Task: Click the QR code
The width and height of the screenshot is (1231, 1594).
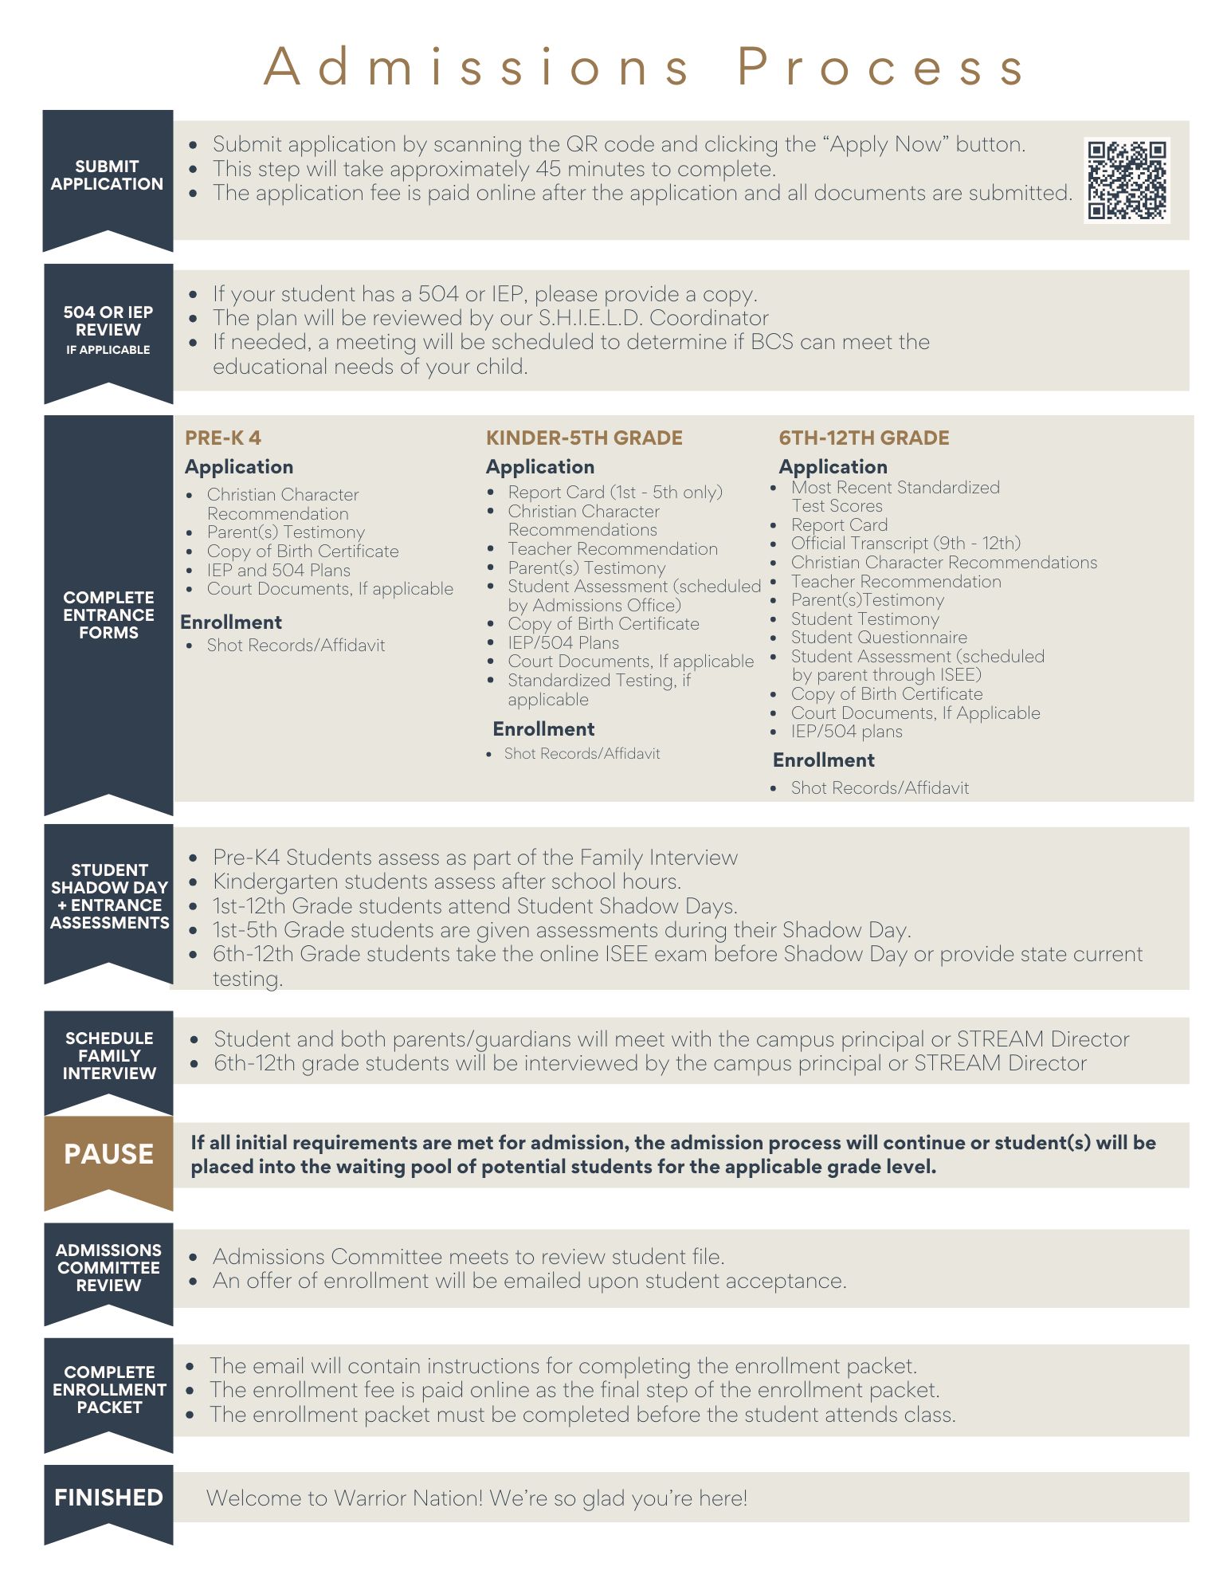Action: (1127, 179)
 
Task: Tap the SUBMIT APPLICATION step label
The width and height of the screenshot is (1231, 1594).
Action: (108, 175)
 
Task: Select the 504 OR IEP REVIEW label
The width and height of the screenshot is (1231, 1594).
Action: (108, 321)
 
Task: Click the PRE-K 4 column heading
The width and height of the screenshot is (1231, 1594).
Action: (223, 438)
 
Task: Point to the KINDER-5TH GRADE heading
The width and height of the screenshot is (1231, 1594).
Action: (584, 438)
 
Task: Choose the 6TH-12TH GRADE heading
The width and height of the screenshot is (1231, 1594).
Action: (864, 438)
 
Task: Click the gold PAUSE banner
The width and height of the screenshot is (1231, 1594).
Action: (108, 1154)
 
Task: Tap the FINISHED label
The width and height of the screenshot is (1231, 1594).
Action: (108, 1498)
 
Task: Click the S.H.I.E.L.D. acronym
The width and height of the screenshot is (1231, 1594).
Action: (590, 318)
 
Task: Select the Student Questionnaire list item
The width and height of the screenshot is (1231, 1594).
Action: (879, 638)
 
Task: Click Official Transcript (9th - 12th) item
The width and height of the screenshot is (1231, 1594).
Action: (905, 544)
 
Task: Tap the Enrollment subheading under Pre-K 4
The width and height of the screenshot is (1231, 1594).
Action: (231, 622)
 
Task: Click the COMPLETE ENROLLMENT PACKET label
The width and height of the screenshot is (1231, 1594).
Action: (109, 1389)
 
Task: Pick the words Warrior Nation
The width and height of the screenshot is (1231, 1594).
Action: (408, 1498)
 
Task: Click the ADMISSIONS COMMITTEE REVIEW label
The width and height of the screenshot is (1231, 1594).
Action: (108, 1267)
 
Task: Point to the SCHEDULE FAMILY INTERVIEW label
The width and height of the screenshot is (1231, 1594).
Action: (109, 1055)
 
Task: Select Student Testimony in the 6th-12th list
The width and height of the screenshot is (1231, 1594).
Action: (864, 619)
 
